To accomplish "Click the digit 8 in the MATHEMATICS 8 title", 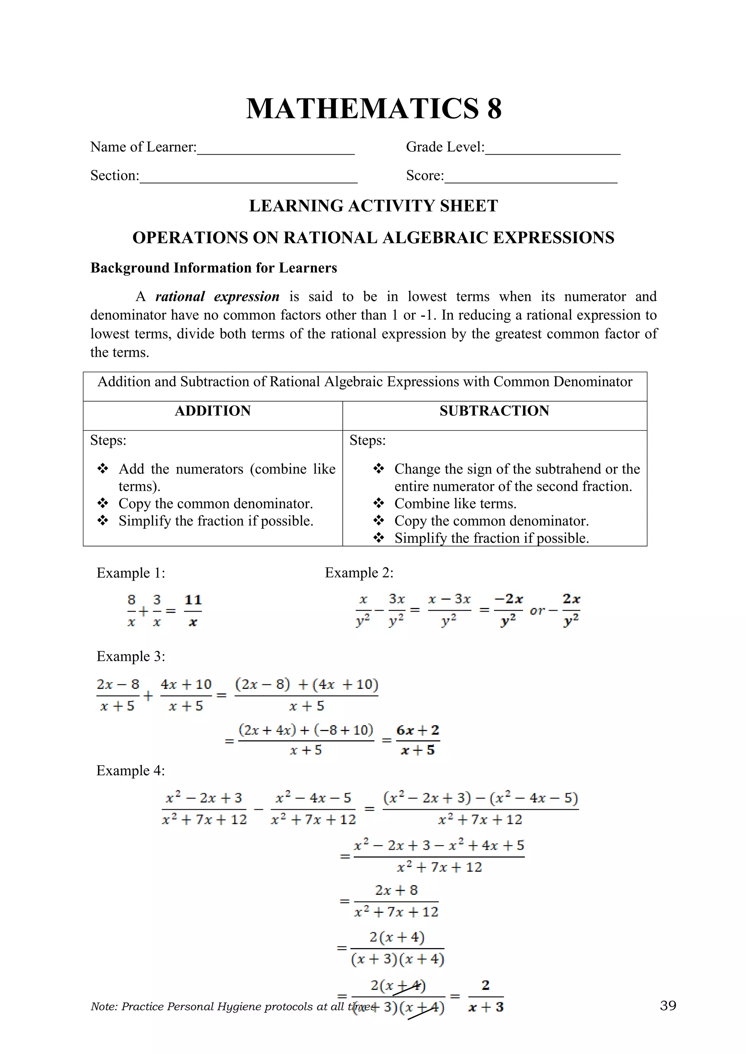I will pos(494,109).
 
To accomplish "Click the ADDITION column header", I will pos(213,411).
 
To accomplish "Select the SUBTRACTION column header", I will pos(494,411).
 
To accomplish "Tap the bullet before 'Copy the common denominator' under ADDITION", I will pos(103,504).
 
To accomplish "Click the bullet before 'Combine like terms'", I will pos(378,504).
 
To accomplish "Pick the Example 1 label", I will pos(130,573).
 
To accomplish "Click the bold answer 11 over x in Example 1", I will pos(193,611).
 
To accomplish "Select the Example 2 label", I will pos(359,573).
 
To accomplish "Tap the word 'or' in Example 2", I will pos(537,611).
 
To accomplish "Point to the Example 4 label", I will pos(130,770).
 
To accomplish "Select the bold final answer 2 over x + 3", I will pos(486,996).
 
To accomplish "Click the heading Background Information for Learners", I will pos(213,268).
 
